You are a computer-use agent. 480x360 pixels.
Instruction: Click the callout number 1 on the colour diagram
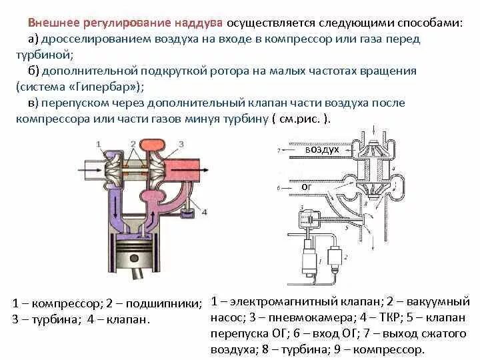98,143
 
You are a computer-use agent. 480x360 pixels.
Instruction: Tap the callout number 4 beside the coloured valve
205,212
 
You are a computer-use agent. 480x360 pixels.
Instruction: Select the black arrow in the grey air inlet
89,174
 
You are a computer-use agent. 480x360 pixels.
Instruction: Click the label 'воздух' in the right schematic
323,151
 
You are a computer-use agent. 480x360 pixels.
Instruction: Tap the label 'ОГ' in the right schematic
307,187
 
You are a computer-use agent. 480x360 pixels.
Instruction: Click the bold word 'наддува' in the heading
199,22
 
